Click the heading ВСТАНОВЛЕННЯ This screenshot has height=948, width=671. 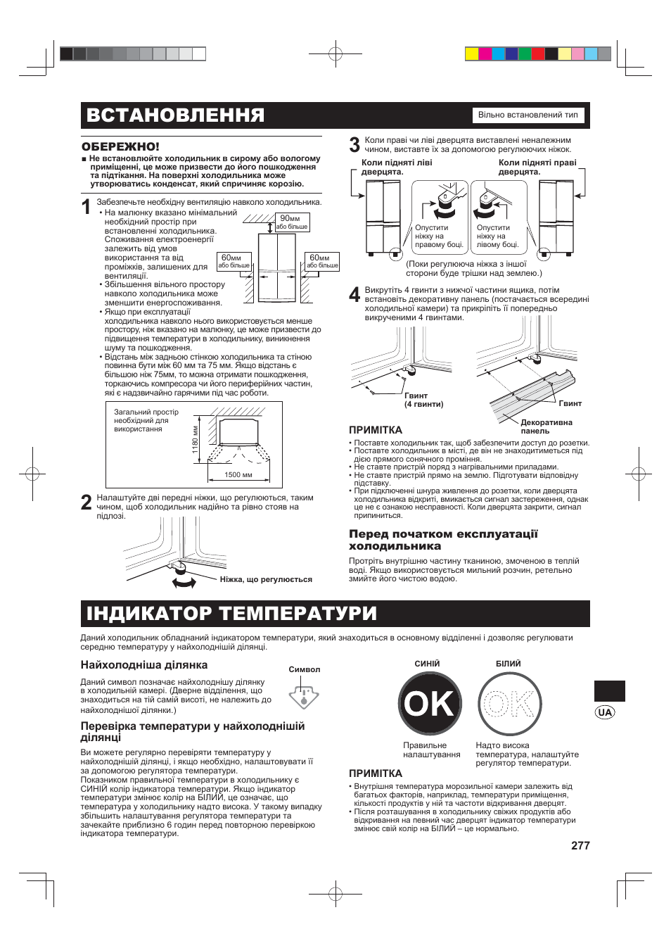pos(176,115)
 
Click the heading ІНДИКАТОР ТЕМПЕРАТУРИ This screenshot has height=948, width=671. pos(231,613)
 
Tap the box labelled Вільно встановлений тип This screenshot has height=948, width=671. pos(528,115)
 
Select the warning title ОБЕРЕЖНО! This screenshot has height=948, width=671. pos(120,146)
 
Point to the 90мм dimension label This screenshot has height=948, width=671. pos(290,219)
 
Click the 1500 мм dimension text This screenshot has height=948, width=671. pos(238,475)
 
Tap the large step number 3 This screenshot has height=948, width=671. pos(354,146)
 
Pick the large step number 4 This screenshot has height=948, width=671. pos(354,295)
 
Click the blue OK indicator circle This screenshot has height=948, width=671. pos(430,703)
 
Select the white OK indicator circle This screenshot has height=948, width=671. pos(510,703)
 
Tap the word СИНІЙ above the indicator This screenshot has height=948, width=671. pos(427,664)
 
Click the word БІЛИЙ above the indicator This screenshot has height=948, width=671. pos(508,664)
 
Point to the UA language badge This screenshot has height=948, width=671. pos(605,712)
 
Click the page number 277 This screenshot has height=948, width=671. pos(580,845)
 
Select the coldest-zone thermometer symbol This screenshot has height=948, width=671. pos(304,696)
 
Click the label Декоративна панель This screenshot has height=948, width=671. pos(546,426)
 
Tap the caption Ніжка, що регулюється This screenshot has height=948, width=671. pos(266,580)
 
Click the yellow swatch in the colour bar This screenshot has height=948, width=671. pos(472,53)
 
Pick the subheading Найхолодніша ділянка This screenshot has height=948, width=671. pos(143,664)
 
